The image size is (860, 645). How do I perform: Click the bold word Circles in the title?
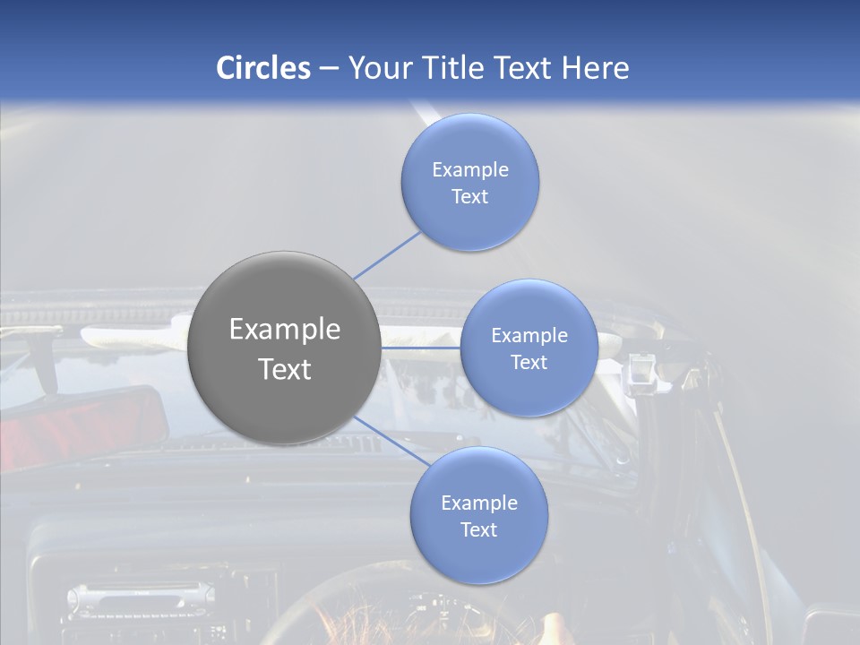(x=263, y=68)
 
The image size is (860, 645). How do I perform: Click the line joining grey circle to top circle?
(x=387, y=254)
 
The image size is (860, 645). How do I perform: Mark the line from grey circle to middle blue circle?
(x=421, y=348)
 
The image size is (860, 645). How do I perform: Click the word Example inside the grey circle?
(x=285, y=330)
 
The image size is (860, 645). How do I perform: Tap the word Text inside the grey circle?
(x=285, y=369)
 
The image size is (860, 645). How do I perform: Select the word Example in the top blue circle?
(x=470, y=170)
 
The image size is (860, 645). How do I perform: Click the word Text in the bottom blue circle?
(x=478, y=530)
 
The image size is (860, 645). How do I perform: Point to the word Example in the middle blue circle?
(x=529, y=336)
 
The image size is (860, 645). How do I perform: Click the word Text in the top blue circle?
(x=470, y=197)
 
